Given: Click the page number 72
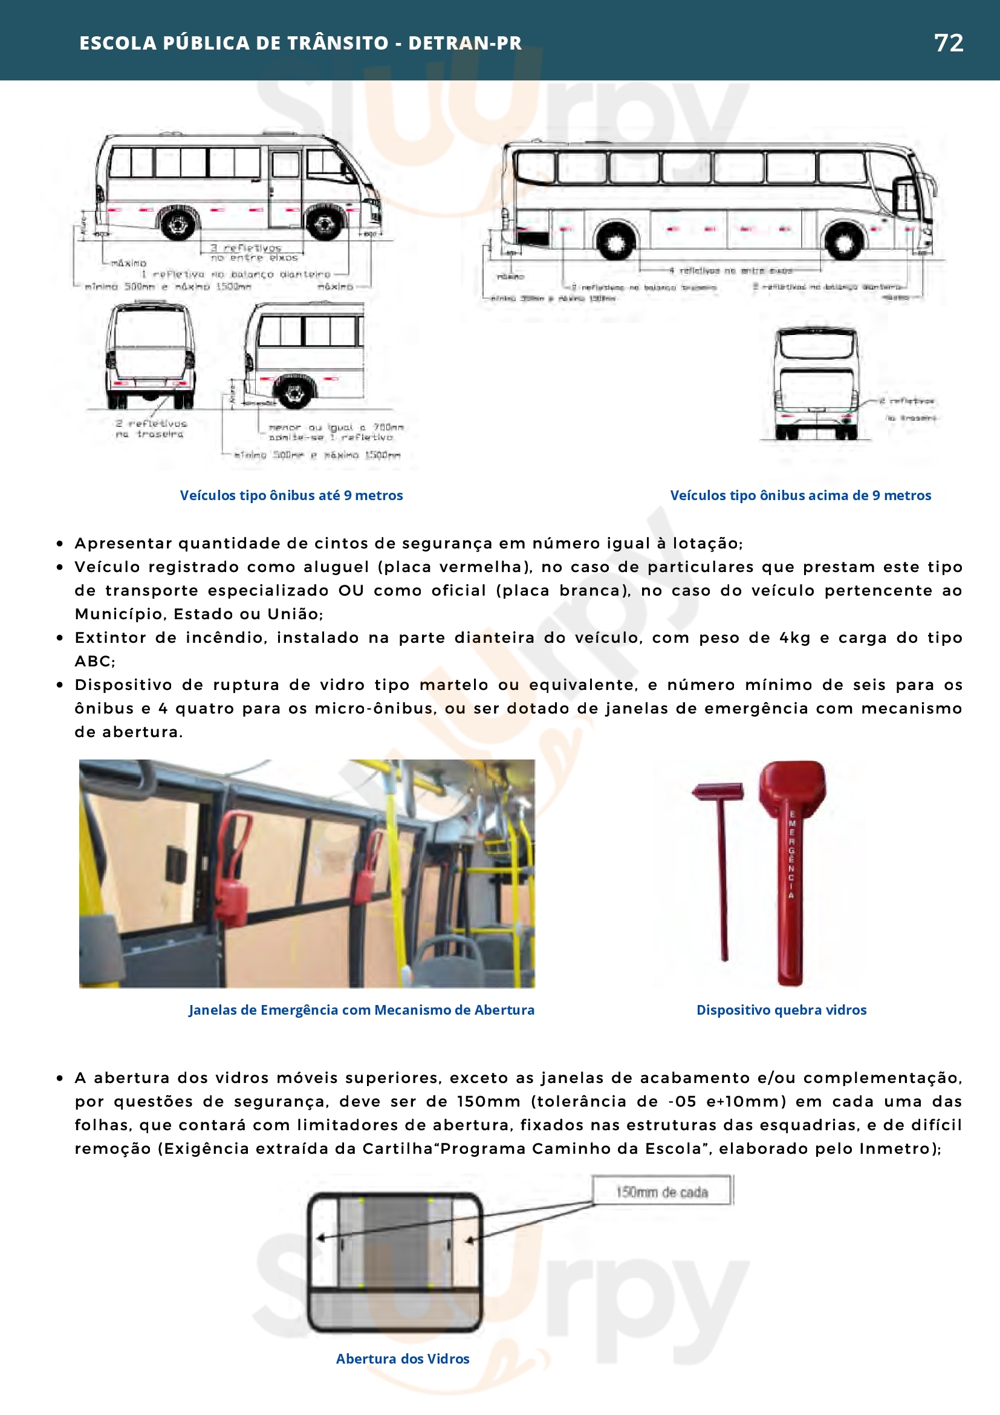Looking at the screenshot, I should click(948, 42).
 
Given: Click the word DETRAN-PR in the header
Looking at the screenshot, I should click(464, 42).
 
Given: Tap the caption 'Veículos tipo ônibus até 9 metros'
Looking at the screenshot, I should click(291, 495).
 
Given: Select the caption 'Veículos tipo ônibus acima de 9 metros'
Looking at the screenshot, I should click(800, 495).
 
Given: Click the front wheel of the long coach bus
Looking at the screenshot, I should click(843, 241).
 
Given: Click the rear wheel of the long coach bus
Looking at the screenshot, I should click(614, 241).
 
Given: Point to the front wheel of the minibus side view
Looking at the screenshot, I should click(324, 223).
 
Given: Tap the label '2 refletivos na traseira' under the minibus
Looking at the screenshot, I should click(151, 428).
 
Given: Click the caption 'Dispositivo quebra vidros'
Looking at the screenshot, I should click(781, 1009).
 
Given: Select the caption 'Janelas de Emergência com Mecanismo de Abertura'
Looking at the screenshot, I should click(361, 1009).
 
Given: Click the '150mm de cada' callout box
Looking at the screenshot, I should click(662, 1192).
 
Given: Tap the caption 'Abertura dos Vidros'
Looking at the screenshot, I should click(402, 1358).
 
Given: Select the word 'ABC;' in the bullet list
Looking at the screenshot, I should click(95, 662).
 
